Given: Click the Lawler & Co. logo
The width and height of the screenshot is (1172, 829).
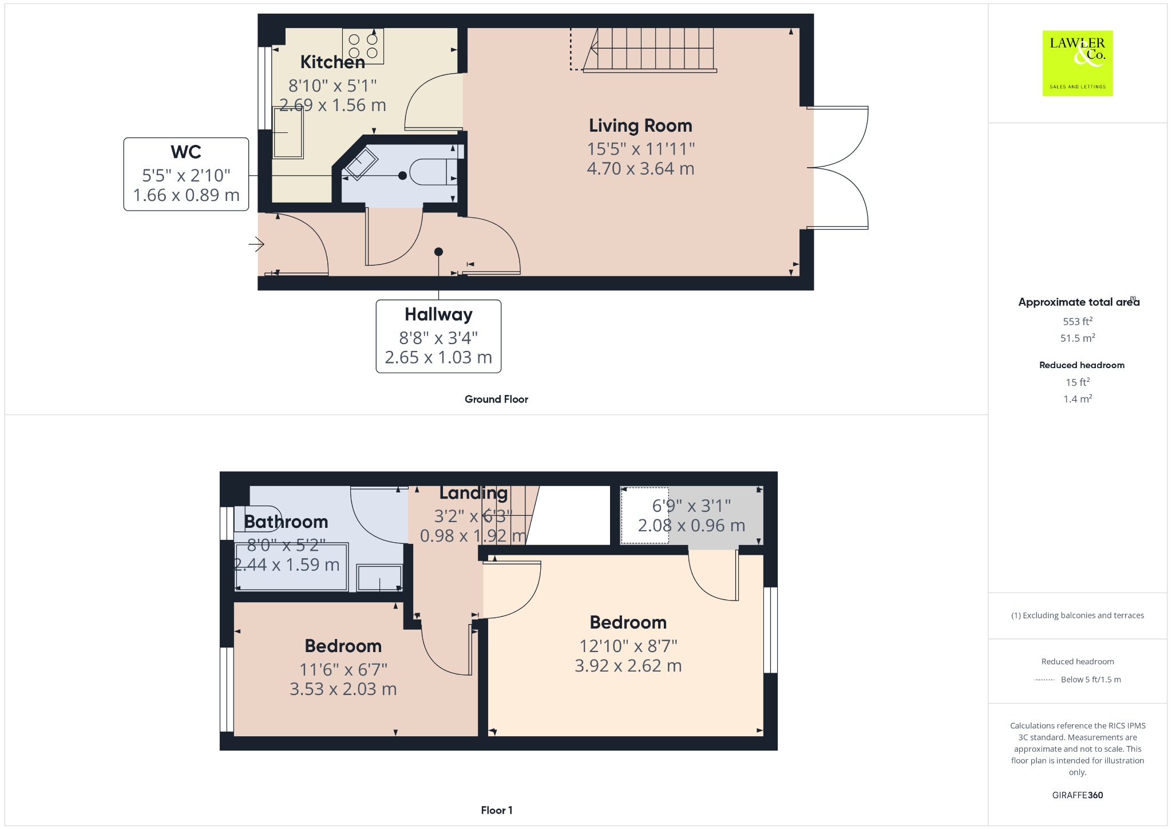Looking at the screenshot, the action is (1078, 63).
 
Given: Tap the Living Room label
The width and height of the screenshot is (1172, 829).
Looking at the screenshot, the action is (640, 125).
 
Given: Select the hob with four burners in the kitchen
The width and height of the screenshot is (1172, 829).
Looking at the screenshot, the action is (363, 46).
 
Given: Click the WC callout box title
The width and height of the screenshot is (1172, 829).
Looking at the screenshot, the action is (186, 152).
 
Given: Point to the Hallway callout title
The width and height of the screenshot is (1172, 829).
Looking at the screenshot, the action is (438, 314).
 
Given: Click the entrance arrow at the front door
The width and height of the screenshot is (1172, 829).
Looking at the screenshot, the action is (256, 244).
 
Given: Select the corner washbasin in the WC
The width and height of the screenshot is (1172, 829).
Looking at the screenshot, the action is (359, 163).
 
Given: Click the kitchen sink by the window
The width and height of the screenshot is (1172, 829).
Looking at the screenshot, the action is (288, 132).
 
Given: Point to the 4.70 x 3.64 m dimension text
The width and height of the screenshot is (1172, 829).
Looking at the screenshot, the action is (640, 169).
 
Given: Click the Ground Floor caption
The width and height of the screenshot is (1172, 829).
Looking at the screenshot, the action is (496, 399).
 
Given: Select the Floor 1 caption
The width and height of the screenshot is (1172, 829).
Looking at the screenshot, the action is (497, 810).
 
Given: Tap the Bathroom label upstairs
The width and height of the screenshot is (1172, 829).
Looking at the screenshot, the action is (286, 522).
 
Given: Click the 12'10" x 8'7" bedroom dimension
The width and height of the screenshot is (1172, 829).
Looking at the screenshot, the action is (628, 646).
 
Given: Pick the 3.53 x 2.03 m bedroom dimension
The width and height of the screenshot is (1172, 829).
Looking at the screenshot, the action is (343, 689).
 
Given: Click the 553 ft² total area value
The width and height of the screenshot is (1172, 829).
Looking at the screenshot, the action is (1078, 321).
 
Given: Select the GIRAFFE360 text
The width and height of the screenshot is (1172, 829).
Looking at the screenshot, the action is (1078, 795).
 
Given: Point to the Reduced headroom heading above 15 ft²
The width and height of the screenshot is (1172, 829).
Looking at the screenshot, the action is (1082, 365).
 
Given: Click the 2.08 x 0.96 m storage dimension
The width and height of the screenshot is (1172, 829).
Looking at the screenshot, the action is (691, 526).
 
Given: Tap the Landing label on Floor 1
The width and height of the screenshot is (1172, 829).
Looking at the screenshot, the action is (473, 493).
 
